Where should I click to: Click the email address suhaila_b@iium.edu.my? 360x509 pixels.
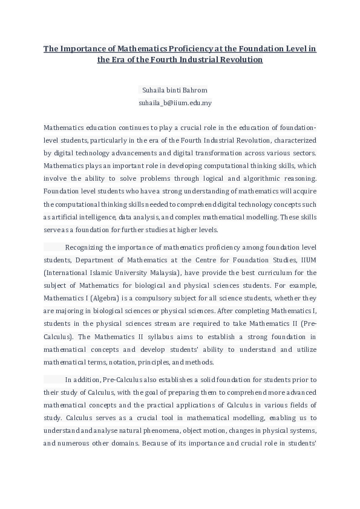pos(175,103)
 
